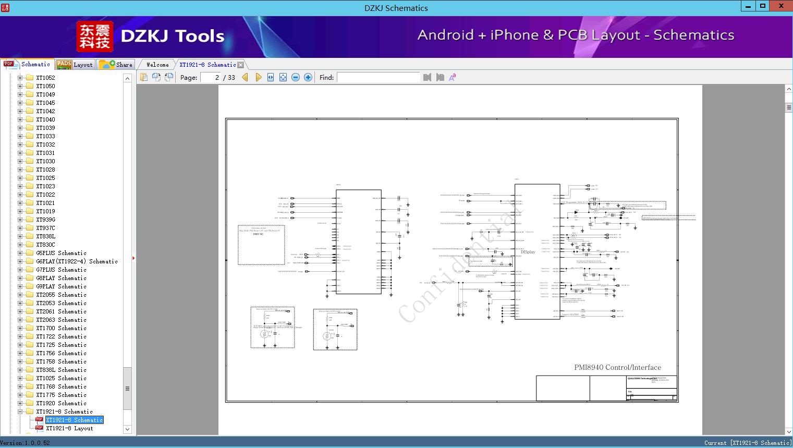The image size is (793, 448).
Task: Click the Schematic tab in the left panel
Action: click(x=29, y=65)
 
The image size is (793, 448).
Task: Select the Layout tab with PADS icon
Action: click(x=75, y=65)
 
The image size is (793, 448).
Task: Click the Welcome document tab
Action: click(x=157, y=65)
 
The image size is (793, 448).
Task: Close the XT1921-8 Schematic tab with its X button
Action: click(x=240, y=65)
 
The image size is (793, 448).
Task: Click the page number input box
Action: click(x=211, y=77)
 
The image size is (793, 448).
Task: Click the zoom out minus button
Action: click(x=296, y=77)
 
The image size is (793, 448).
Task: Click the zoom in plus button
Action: click(x=308, y=77)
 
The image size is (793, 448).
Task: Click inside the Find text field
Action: click(x=378, y=77)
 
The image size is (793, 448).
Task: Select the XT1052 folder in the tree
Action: click(x=45, y=78)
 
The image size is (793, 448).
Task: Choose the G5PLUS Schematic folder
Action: click(x=61, y=253)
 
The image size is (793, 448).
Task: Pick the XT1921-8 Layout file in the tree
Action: click(x=69, y=428)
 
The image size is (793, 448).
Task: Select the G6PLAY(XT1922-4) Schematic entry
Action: click(x=77, y=261)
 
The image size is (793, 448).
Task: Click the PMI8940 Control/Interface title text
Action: click(x=617, y=367)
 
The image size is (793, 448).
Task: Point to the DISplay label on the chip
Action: click(x=528, y=252)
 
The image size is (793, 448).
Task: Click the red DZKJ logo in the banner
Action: click(x=94, y=37)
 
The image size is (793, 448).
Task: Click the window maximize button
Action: click(x=763, y=6)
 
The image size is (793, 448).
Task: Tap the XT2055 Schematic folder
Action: click(x=61, y=295)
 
